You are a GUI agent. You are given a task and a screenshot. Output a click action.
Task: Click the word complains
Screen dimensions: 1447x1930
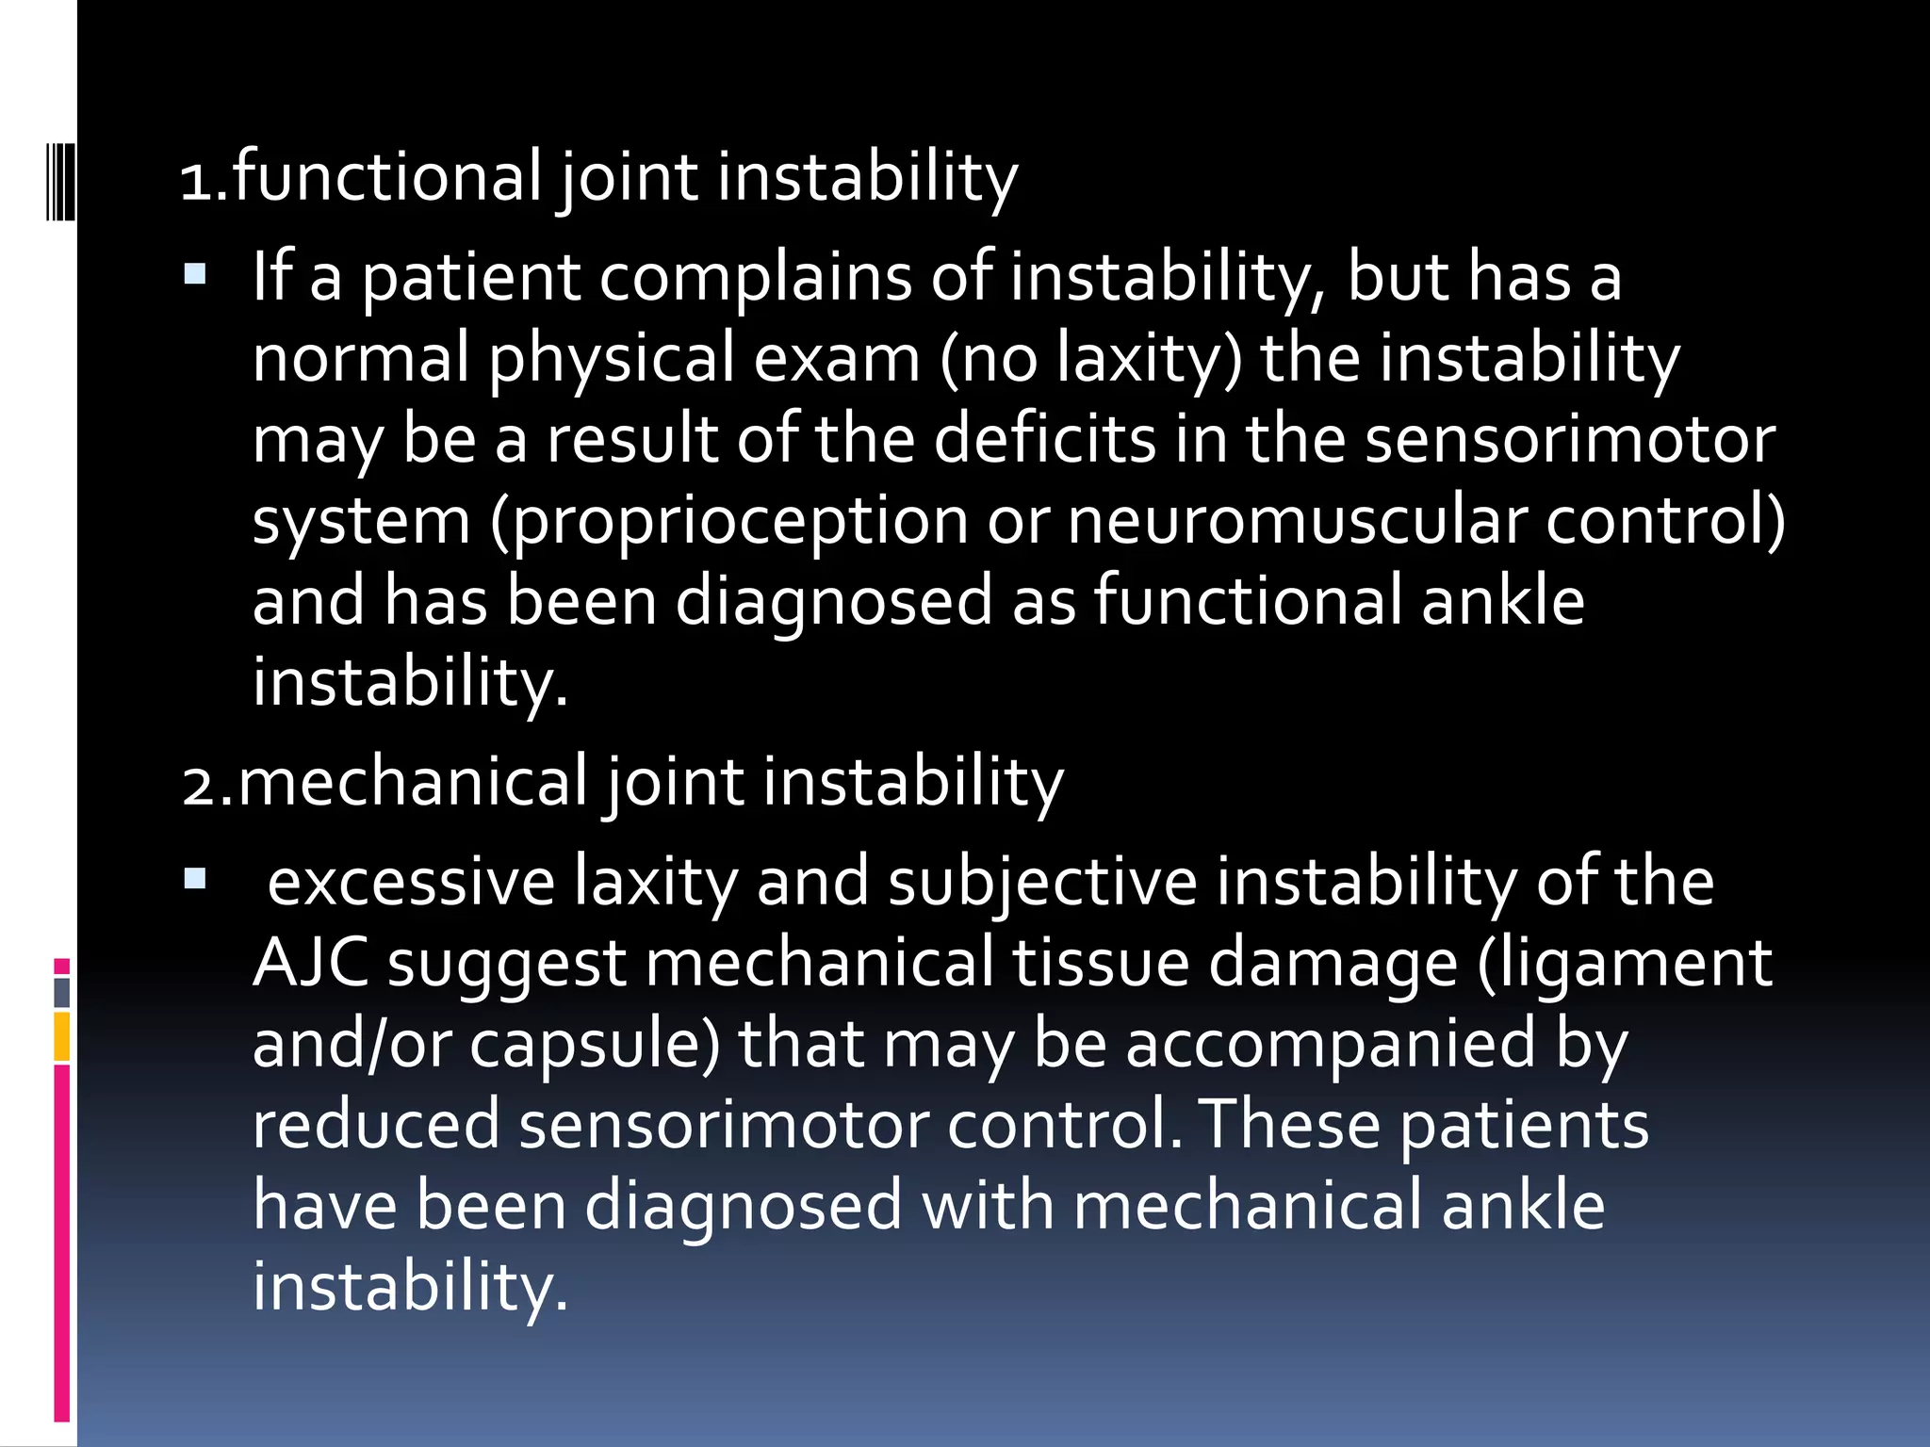[754, 278]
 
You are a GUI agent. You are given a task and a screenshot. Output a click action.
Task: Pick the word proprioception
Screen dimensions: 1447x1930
[741, 521]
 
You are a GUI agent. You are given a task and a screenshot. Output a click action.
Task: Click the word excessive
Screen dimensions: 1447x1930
[411, 883]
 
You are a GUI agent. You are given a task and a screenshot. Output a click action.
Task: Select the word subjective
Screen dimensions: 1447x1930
[1042, 883]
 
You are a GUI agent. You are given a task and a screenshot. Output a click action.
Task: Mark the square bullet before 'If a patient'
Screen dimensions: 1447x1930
[195, 276]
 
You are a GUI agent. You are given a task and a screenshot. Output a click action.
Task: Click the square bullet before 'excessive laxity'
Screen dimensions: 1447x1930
[195, 881]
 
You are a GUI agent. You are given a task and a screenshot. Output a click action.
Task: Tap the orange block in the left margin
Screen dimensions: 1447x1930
[61, 1036]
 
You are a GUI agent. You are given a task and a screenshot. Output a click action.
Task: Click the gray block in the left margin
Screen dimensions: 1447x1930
[62, 993]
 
